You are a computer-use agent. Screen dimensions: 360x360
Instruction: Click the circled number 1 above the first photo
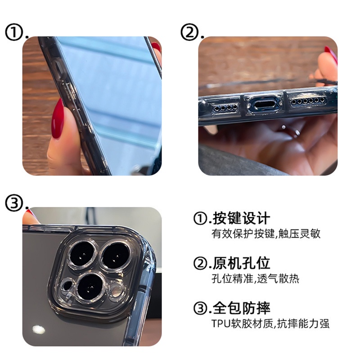pos(14,32)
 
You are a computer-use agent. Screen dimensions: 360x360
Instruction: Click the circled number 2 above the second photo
pos(189,32)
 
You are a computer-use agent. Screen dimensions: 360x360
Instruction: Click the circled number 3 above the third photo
pos(14,203)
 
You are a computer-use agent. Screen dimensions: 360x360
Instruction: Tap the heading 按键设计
pos(241,218)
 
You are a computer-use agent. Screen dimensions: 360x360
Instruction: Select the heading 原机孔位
pos(241,263)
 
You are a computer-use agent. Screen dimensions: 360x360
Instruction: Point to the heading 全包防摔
pos(241,308)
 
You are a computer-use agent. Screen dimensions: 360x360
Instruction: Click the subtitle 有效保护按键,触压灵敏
pos(265,234)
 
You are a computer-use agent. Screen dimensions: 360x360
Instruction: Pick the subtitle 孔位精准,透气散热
pos(255,279)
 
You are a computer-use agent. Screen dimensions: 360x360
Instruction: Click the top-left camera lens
pos(82,254)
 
